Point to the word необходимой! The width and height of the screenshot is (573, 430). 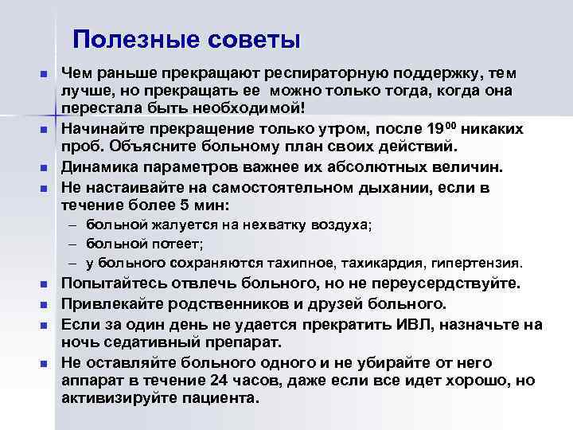(257, 109)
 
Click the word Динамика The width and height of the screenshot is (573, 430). (99, 166)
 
